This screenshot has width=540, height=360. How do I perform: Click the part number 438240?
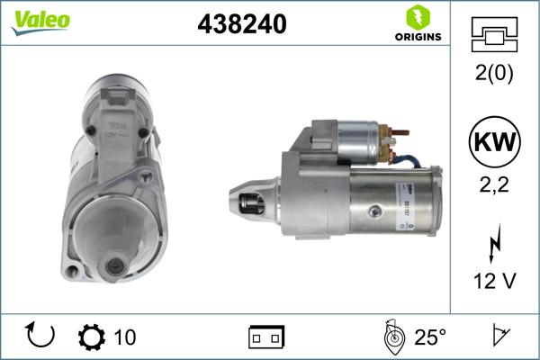241,26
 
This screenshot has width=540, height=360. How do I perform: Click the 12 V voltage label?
495,282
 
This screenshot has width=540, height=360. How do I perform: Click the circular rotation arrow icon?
40,336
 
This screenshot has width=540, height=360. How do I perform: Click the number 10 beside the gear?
126,337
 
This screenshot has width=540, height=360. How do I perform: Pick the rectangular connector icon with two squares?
266,337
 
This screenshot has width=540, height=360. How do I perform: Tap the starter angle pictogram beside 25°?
392,337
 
